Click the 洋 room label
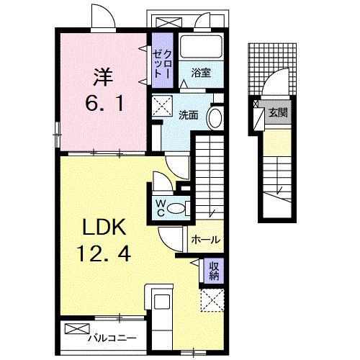(104, 77)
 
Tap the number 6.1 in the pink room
(104, 102)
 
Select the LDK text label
(104, 227)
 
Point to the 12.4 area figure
(104, 254)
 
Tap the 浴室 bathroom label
(201, 73)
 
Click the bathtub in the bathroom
(201, 47)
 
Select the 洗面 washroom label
(189, 115)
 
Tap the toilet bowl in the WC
(176, 208)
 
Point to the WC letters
(161, 208)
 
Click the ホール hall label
(206, 240)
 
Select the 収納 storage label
(214, 271)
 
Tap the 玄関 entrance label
(278, 112)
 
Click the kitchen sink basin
(162, 302)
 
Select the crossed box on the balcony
(77, 329)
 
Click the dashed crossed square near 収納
(212, 300)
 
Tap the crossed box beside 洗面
(162, 106)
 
